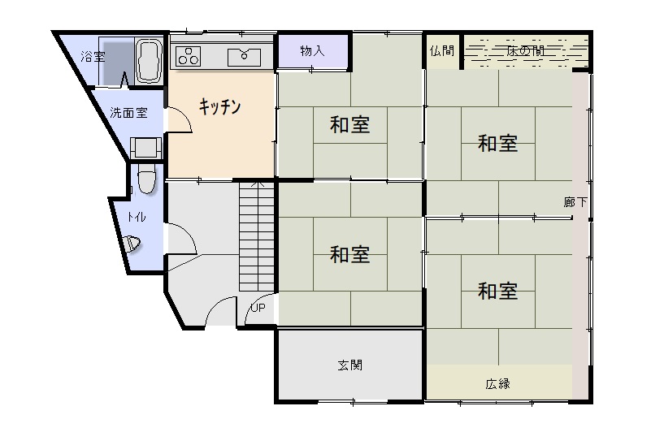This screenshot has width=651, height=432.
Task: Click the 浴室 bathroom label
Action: pyautogui.click(x=93, y=57)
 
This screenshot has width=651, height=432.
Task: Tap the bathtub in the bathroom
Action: pyautogui.click(x=149, y=61)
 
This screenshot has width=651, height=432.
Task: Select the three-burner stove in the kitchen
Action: pyautogui.click(x=188, y=57)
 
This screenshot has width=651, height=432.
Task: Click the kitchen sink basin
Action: pyautogui.click(x=244, y=58)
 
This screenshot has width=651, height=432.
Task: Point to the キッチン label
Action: pyautogui.click(x=219, y=106)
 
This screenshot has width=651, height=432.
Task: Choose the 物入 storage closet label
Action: pyautogui.click(x=312, y=51)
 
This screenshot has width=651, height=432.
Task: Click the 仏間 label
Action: pyautogui.click(x=442, y=51)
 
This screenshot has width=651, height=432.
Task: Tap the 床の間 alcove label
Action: pyautogui.click(x=525, y=51)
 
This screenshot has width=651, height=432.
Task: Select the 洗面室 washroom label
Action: pyautogui.click(x=128, y=112)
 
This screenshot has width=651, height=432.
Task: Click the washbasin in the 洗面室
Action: pyautogui.click(x=145, y=148)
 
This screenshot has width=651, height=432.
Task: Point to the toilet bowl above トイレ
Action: pyautogui.click(x=146, y=178)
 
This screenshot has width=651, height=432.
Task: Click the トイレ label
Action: pyautogui.click(x=137, y=217)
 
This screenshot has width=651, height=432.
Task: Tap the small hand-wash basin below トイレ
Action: pyautogui.click(x=132, y=244)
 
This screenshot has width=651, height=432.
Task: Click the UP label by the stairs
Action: pyautogui.click(x=258, y=308)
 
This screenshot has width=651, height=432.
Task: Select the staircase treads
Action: pyautogui.click(x=257, y=236)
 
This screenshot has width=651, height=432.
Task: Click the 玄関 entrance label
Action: pyautogui.click(x=350, y=365)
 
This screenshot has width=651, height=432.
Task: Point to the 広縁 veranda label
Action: pyautogui.click(x=497, y=384)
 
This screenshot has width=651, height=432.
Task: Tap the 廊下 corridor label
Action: pyautogui.click(x=576, y=202)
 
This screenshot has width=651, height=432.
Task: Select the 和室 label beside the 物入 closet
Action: pyautogui.click(x=350, y=124)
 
